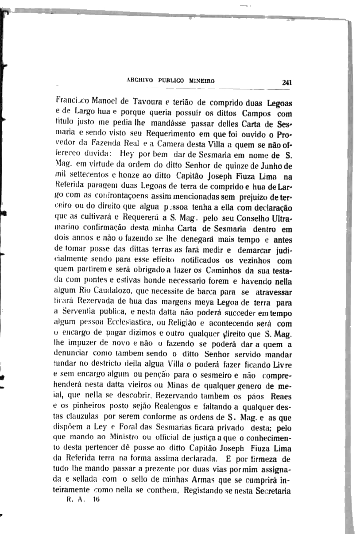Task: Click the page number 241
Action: [286, 82]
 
